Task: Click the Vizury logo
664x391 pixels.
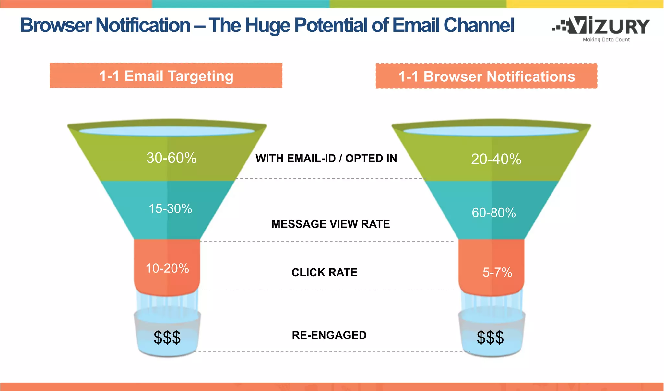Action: click(601, 26)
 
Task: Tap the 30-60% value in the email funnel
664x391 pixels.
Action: click(172, 158)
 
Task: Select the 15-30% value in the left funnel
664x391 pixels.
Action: click(170, 208)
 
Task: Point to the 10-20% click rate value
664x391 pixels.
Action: click(167, 268)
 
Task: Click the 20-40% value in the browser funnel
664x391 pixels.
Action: click(496, 159)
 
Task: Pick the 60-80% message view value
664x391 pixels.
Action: click(493, 213)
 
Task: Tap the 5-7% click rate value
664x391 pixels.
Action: click(497, 272)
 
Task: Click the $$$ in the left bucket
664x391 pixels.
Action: click(167, 338)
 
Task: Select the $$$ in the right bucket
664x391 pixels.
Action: click(490, 338)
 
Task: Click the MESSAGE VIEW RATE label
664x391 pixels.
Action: click(330, 224)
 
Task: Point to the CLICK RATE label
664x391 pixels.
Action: click(324, 272)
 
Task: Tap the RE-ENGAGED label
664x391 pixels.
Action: click(329, 335)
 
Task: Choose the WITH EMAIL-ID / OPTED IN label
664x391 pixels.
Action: click(326, 158)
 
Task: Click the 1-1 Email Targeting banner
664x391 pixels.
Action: click(166, 76)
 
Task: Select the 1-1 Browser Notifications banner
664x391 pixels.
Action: click(486, 77)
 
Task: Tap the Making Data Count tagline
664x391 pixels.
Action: click(606, 40)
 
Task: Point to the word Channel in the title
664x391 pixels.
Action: click(479, 25)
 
